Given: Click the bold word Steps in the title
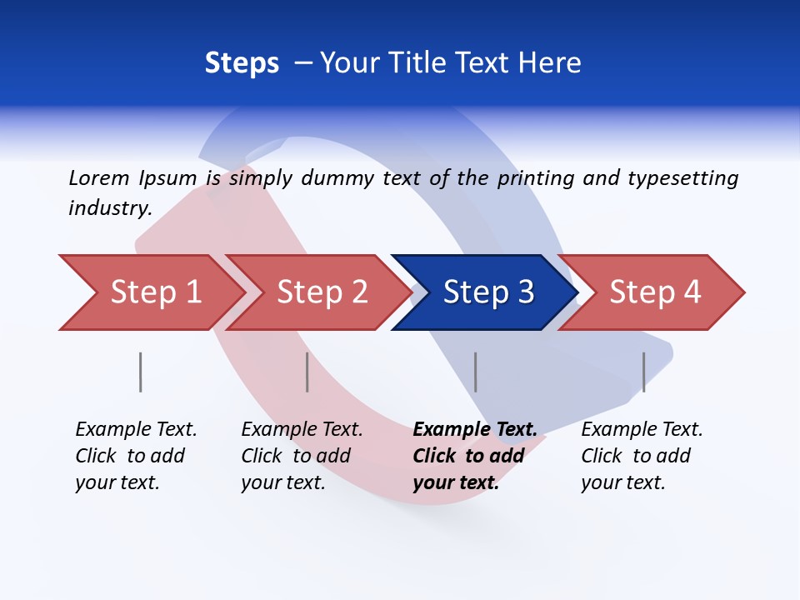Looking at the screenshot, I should coord(242,63).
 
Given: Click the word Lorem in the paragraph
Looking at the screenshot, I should coord(98,177).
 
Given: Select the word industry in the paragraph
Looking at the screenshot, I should coord(109,208).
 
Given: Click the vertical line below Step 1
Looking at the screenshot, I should coord(141,372).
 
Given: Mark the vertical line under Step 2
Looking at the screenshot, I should coord(307,372).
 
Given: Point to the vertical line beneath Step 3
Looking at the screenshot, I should coord(476,372).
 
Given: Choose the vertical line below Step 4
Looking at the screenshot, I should coord(643,372).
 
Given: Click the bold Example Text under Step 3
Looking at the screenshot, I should coord(475,430).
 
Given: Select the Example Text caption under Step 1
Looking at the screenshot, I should coord(136,430).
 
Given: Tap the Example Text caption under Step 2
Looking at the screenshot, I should coord(302,430).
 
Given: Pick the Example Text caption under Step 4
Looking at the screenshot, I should coord(642,430).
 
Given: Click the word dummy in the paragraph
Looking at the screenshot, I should coord(337,178).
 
